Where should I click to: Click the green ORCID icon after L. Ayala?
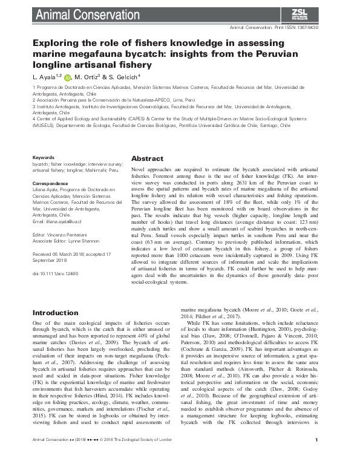(x=67, y=77)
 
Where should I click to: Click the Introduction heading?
(x=56, y=313)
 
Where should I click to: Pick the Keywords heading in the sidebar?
(x=43, y=158)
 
